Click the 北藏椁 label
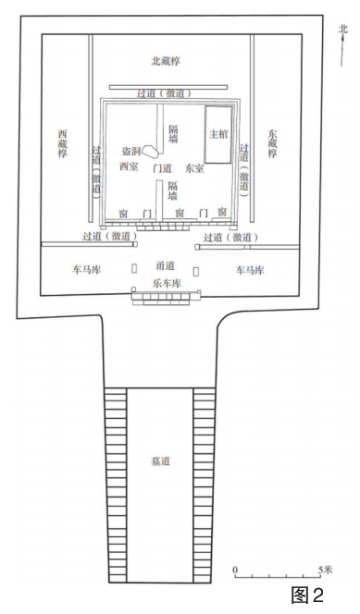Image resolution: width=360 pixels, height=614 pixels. [x=166, y=61]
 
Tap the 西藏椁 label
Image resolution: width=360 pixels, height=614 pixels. [x=62, y=143]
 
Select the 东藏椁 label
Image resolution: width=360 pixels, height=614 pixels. [x=272, y=143]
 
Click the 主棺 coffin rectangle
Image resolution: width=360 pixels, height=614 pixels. [x=218, y=134]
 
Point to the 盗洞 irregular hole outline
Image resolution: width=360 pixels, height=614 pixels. [x=150, y=150]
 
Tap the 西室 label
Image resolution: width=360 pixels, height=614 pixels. [x=129, y=166]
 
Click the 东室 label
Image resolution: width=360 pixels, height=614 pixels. [x=194, y=169]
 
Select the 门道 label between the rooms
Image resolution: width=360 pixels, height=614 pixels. [x=162, y=169]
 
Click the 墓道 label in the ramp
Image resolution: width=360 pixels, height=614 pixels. [x=161, y=460]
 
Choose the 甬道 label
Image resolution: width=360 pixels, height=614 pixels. [x=165, y=266]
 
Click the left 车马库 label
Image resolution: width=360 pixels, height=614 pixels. [x=86, y=270]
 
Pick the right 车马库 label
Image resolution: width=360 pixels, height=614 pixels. [x=250, y=270]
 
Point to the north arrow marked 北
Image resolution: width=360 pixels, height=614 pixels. [x=342, y=45]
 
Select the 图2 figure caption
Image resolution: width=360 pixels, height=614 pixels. [x=308, y=596]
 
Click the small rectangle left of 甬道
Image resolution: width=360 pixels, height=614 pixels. [x=134, y=268]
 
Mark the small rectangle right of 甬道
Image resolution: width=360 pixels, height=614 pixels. [x=196, y=271]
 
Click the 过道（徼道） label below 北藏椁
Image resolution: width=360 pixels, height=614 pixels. [x=164, y=94]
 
